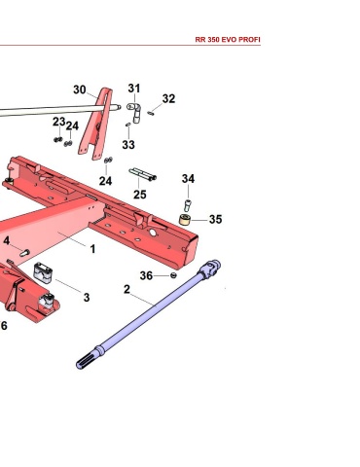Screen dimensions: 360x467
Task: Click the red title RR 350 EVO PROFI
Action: coord(228,40)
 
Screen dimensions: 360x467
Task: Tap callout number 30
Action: coord(80,90)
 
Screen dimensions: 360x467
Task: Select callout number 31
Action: coord(134,88)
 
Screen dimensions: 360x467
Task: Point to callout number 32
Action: coord(168,98)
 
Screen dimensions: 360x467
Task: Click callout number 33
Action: coord(128,145)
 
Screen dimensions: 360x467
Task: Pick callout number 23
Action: coord(59,122)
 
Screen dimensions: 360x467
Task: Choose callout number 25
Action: coord(140,195)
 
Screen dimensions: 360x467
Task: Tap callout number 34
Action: coord(188,178)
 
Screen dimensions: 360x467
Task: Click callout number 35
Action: coord(216,219)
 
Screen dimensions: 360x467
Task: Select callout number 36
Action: coord(146,275)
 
